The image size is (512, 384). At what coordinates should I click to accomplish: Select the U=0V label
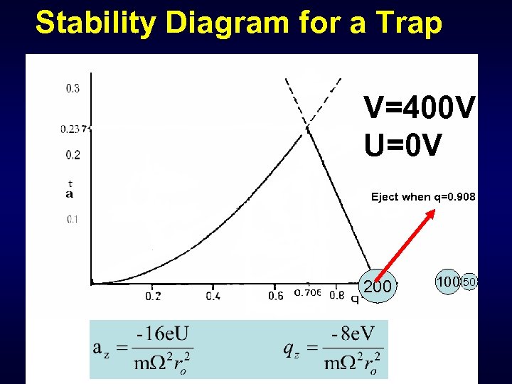[403, 146]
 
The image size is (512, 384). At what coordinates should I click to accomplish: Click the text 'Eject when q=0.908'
[423, 197]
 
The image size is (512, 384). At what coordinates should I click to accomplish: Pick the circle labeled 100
[448, 282]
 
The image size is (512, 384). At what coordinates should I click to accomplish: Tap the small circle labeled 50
[469, 283]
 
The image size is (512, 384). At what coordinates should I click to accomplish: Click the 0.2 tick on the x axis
[153, 295]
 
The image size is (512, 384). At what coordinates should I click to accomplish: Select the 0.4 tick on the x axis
[213, 295]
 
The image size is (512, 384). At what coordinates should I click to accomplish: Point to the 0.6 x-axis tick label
[275, 295]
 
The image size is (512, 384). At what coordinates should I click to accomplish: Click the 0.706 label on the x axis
[308, 294]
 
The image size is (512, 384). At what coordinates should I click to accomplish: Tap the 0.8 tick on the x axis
[337, 295]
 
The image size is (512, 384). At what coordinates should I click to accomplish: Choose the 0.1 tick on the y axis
[73, 219]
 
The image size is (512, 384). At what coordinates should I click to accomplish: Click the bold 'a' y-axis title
[70, 193]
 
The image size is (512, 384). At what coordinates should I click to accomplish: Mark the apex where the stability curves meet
[308, 127]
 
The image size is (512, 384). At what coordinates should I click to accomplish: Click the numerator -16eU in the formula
[159, 332]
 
